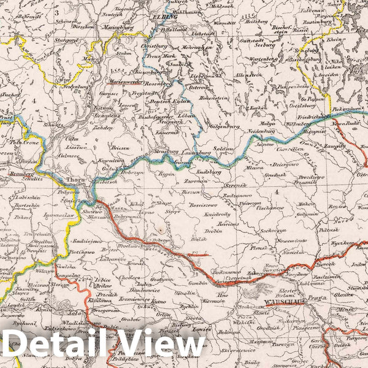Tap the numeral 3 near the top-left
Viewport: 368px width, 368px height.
pyautogui.click(x=56, y=12)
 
